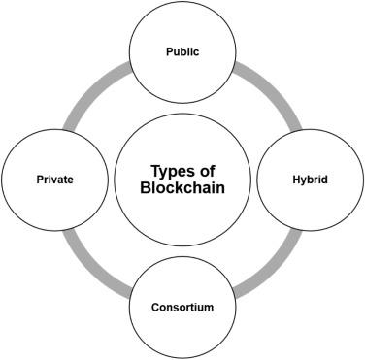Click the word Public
point(182,51)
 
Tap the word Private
point(53,180)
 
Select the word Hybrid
point(310,180)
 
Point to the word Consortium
point(182,308)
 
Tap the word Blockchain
point(182,189)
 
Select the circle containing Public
point(182,29)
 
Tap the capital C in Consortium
point(155,308)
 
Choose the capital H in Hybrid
point(295,180)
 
